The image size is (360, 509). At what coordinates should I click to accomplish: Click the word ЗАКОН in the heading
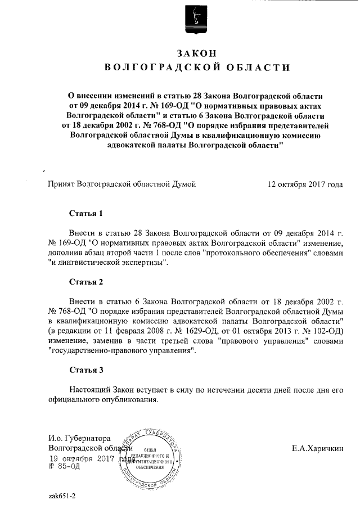click(196, 53)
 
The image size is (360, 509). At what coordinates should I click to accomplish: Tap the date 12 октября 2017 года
click(305, 184)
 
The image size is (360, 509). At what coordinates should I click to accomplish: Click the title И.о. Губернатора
click(79, 438)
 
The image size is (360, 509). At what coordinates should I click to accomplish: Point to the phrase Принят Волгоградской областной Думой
click(121, 184)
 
